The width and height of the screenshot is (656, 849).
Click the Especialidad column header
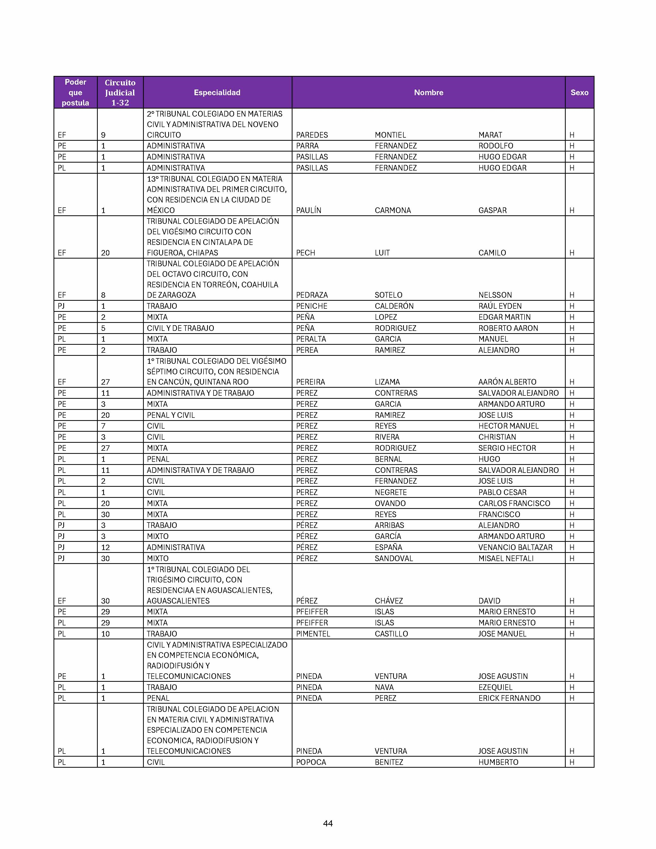[217, 93]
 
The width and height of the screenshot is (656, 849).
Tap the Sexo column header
[579, 93]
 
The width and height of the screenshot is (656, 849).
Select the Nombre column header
[428, 93]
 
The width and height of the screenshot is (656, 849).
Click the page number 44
[327, 823]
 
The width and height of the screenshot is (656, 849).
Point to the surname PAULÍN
[308, 210]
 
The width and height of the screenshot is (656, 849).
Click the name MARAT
[490, 135]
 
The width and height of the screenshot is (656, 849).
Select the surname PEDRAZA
[312, 295]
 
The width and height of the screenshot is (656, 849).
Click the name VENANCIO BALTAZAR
[515, 547]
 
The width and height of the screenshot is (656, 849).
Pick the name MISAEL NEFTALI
[506, 559]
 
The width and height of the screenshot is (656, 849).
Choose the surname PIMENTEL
[313, 634]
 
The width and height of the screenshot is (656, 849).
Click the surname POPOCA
[311, 762]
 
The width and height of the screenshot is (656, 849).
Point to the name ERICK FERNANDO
[509, 698]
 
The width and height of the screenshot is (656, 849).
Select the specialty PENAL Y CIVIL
[171, 415]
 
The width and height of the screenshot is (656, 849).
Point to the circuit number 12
[105, 547]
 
